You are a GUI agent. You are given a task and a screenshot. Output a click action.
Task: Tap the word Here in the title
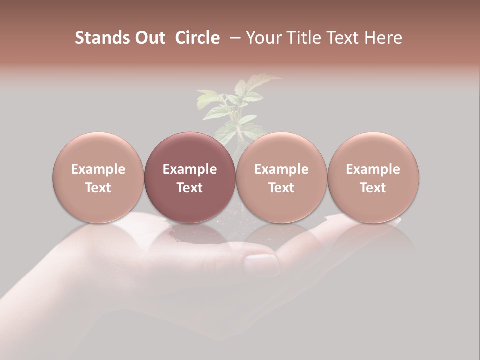382,38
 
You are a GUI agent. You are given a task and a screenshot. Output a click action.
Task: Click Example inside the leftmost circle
98,169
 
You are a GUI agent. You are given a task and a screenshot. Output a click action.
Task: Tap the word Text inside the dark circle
190,188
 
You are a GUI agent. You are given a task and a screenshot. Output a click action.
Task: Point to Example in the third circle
281,169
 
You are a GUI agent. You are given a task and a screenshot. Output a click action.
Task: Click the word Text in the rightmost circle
373,188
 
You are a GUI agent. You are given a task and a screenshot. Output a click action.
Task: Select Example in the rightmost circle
373,169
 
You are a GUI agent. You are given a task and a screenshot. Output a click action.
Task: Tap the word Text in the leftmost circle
98,188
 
